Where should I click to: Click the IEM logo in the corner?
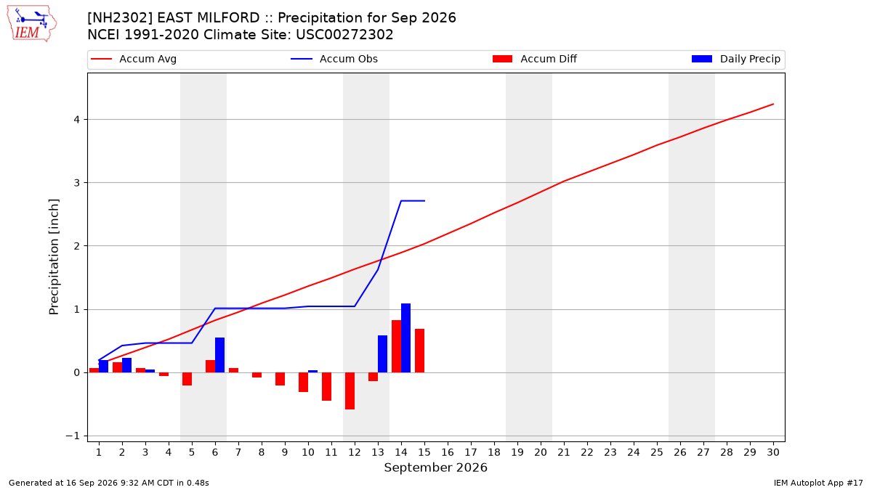point(32,24)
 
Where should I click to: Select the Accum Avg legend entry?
point(134,59)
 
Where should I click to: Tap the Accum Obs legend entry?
point(334,59)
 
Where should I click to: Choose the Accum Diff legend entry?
point(535,59)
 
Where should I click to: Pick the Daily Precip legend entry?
point(735,59)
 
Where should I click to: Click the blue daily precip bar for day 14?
point(405,338)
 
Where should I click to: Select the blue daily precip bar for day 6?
point(219,355)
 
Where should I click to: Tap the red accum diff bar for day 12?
point(350,391)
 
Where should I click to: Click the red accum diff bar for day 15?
point(419,351)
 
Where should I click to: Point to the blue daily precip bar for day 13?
point(382,354)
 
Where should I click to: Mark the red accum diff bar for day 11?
point(326,386)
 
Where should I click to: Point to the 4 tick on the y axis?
point(77,119)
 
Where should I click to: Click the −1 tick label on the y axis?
point(73,436)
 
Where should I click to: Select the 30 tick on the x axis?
point(773,452)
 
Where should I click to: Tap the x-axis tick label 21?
point(564,452)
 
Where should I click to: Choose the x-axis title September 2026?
point(435,467)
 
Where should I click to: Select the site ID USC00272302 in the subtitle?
point(344,35)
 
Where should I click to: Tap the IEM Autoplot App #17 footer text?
point(818,483)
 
